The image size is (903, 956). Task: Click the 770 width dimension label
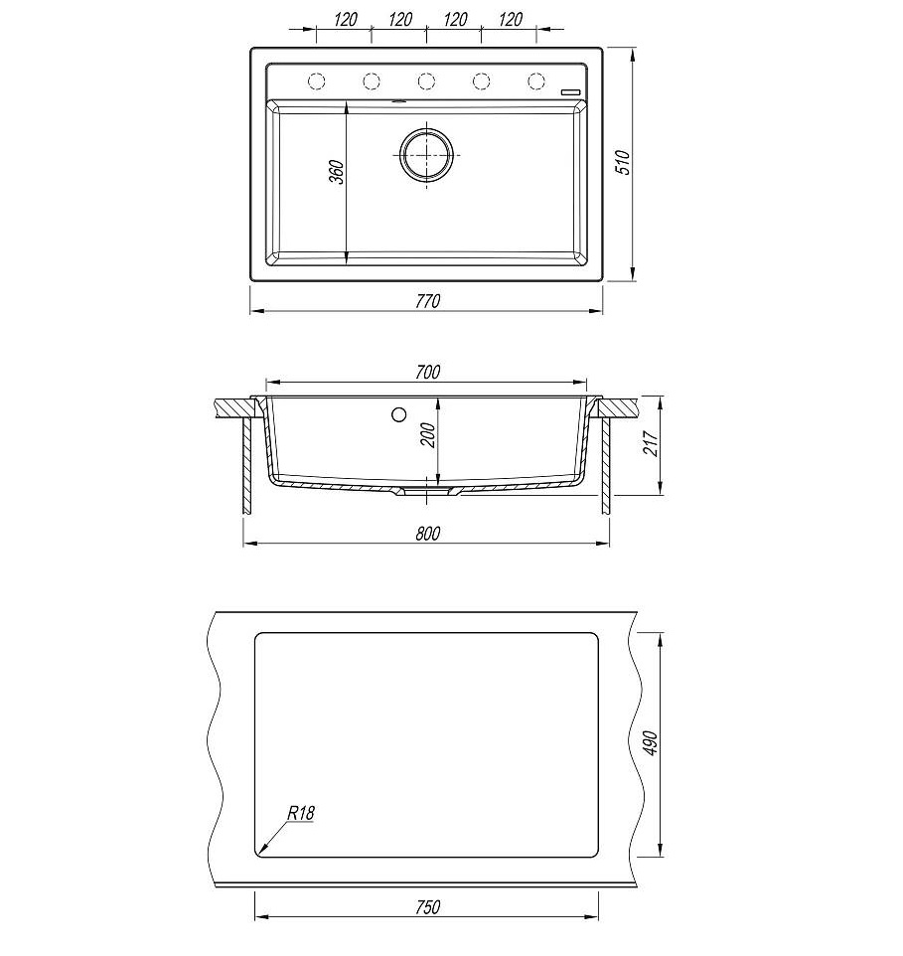[428, 301]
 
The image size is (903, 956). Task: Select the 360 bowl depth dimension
[337, 172]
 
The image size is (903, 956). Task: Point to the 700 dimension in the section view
[427, 372]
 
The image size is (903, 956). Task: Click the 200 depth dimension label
[428, 435]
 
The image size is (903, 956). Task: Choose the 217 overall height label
[651, 443]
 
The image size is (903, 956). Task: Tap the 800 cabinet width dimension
[427, 534]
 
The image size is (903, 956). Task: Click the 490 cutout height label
[651, 743]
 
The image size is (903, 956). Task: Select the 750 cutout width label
[427, 907]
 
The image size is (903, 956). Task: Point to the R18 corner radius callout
[300, 813]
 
